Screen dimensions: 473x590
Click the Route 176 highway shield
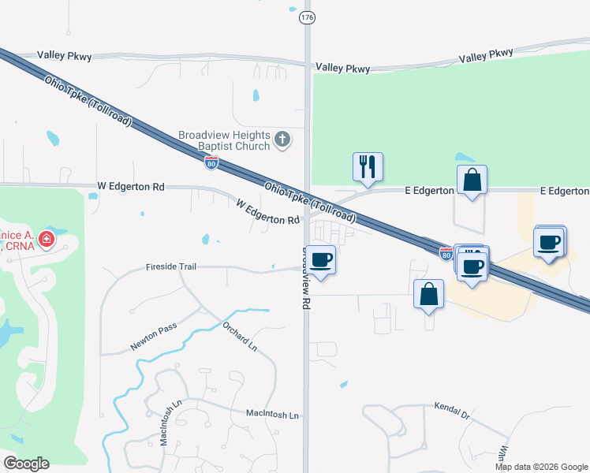click(x=308, y=17)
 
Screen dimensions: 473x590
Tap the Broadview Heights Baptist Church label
click(x=224, y=140)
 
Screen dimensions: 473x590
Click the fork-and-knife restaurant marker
click(x=368, y=166)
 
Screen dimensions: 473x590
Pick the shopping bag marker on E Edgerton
click(x=472, y=180)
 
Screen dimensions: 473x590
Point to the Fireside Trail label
click(x=171, y=266)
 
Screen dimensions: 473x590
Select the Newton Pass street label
click(x=153, y=340)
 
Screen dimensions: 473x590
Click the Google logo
click(x=27, y=464)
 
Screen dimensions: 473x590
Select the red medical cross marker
click(x=47, y=238)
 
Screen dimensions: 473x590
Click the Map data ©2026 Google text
click(x=541, y=467)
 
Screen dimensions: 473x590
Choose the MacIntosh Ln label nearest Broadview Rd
click(x=272, y=414)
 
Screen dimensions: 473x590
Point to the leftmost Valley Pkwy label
click(x=65, y=56)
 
